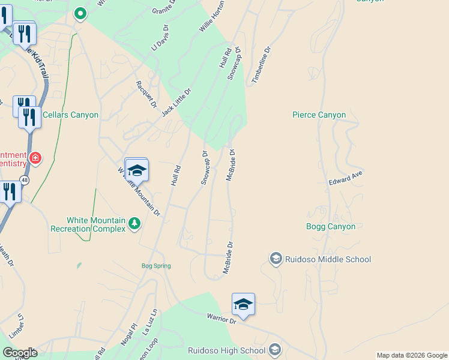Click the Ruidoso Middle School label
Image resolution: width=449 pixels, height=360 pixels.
[x=328, y=259]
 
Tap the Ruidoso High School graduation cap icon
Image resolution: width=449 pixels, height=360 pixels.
[x=274, y=349]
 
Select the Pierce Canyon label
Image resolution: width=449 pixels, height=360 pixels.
[x=319, y=115]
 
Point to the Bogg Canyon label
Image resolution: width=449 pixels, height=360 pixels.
[x=331, y=226]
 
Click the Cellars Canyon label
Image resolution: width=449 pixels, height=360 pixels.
[x=70, y=115]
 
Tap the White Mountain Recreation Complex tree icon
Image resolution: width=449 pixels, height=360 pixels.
[x=134, y=224]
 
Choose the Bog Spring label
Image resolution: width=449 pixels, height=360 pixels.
[x=156, y=266]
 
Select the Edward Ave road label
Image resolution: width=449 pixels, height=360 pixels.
[x=346, y=178]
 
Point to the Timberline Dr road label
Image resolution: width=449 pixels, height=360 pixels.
[x=262, y=66]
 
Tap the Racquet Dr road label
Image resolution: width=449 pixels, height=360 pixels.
[x=146, y=94]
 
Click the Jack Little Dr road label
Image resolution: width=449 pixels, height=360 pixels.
[x=176, y=102]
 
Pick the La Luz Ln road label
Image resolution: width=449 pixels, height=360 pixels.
[x=149, y=322]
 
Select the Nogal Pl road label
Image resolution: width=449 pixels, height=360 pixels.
[x=129, y=335]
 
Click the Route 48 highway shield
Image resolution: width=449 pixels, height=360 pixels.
[x=24, y=179]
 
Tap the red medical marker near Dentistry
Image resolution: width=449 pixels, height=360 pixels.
[x=35, y=158]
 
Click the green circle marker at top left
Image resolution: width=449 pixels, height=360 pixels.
[x=80, y=13]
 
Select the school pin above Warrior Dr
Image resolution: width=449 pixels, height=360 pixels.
[x=243, y=304]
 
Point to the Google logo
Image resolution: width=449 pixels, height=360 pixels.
[x=20, y=353]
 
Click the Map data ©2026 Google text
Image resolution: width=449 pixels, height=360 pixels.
[x=412, y=355]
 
